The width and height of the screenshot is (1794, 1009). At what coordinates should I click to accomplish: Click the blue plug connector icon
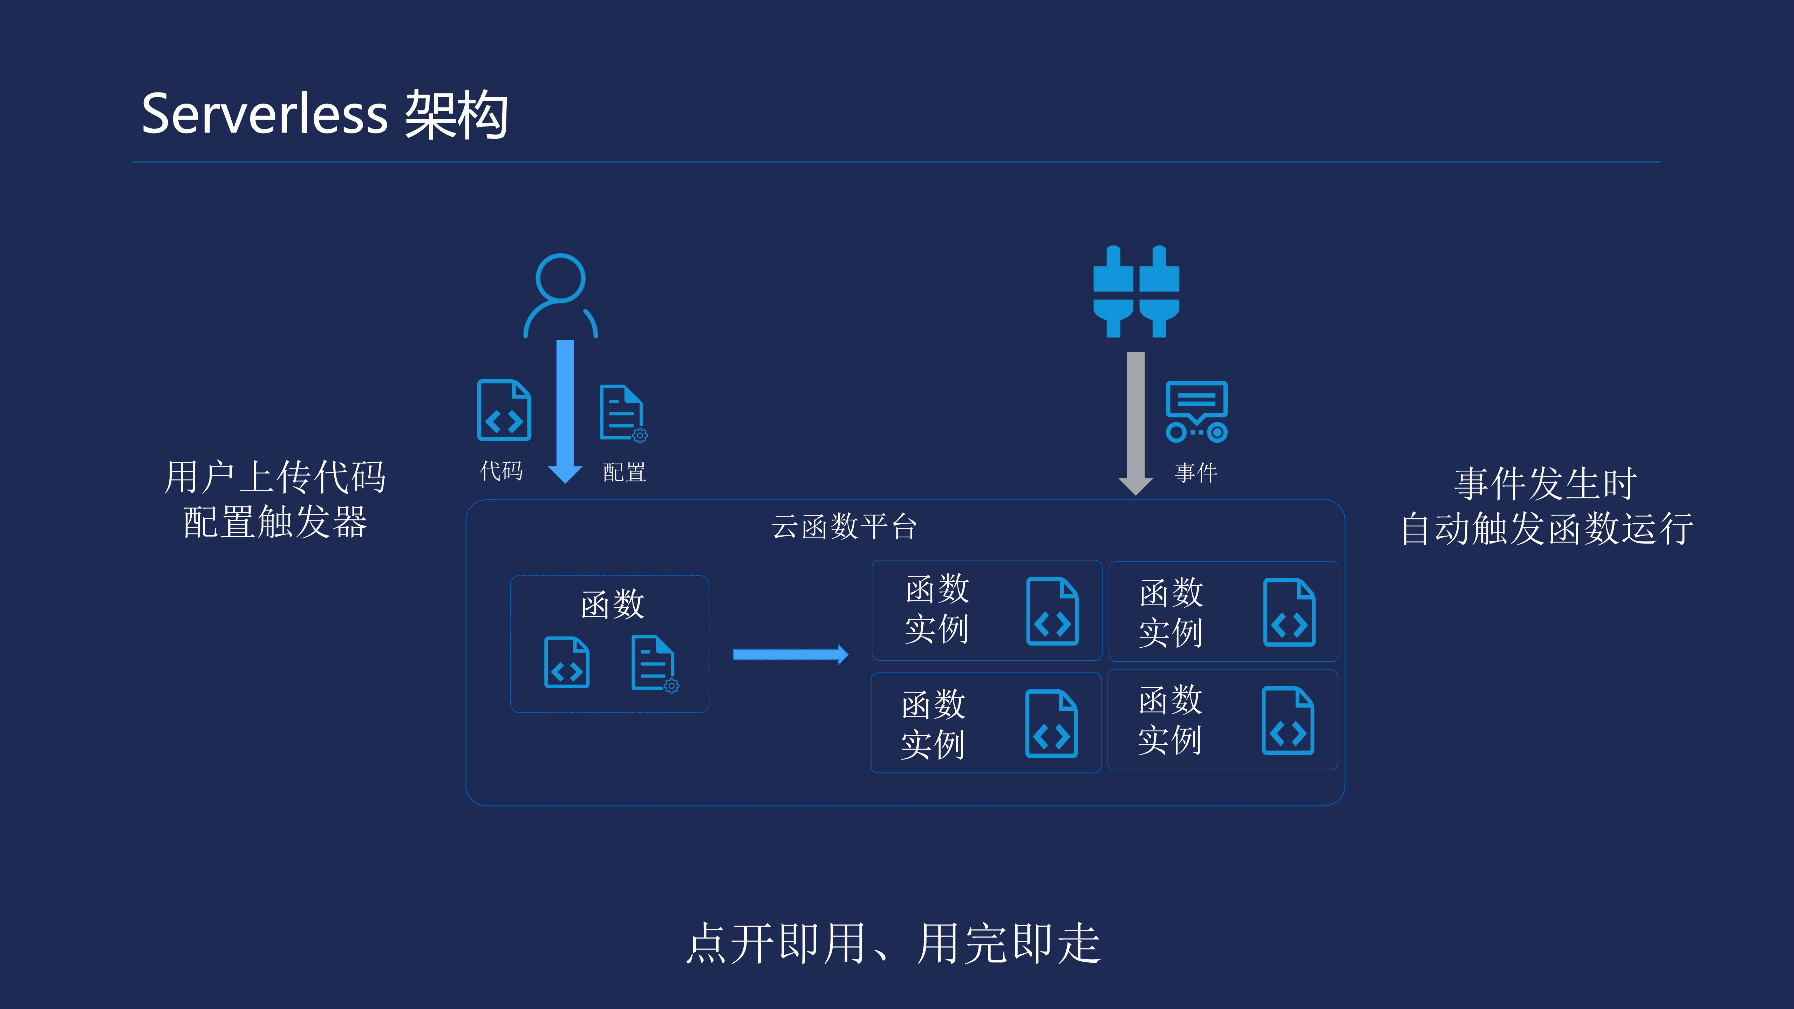pos(1136,292)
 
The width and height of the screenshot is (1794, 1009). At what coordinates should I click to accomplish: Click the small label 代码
pos(501,471)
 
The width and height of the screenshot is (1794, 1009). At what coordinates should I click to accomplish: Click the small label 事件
pos(1196,473)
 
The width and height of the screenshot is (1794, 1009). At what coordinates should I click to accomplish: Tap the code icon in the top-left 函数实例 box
pos(1052,611)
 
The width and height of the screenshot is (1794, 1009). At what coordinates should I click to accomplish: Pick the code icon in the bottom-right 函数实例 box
pos(1288,721)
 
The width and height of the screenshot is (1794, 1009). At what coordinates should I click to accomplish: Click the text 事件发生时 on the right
pos(1545,483)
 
